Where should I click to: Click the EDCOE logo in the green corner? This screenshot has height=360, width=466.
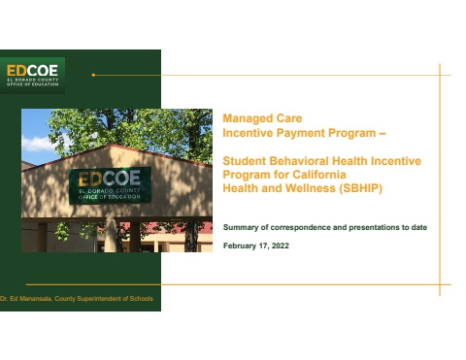click(x=32, y=76)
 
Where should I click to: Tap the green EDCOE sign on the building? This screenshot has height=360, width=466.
click(x=110, y=185)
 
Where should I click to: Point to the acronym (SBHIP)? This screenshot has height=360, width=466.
click(x=360, y=188)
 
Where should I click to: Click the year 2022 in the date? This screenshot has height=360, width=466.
click(x=281, y=245)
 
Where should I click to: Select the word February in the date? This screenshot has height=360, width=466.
click(x=240, y=246)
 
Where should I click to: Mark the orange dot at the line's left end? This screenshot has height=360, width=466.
click(x=93, y=75)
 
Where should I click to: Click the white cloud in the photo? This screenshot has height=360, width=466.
click(x=38, y=144)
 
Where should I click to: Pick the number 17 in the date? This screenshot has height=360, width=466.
click(x=263, y=246)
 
